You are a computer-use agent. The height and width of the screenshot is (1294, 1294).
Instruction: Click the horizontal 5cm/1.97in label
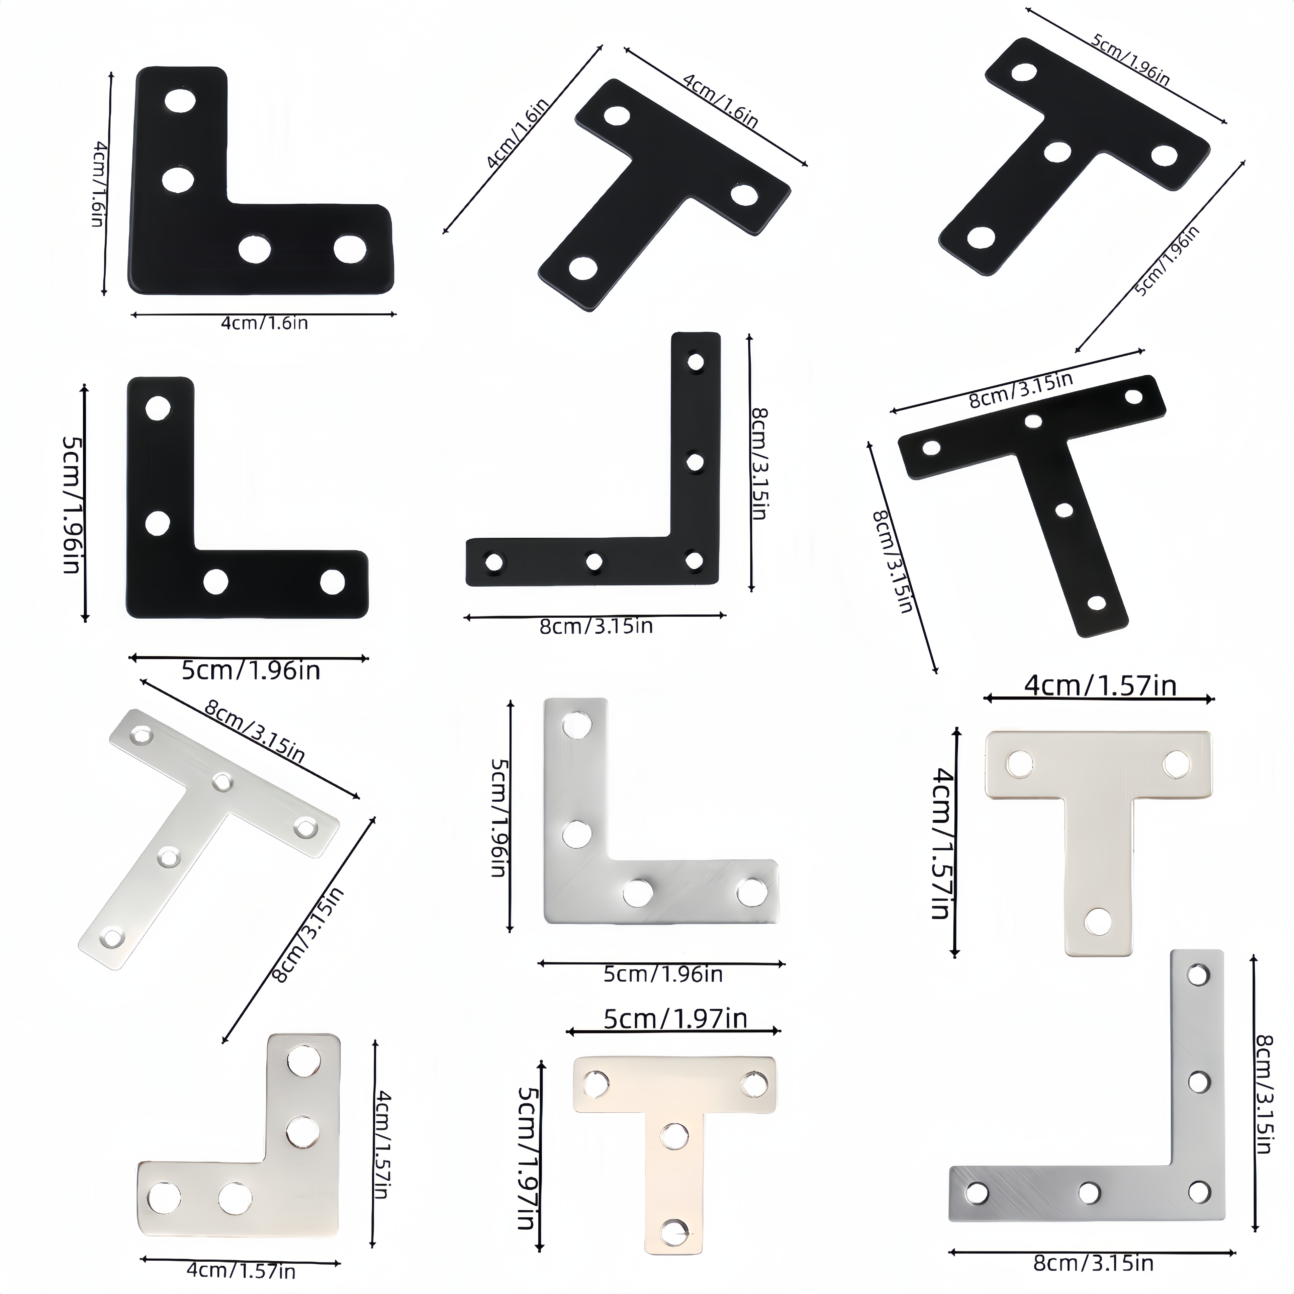(x=675, y=1019)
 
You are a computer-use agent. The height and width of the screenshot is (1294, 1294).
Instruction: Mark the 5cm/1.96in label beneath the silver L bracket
(x=662, y=974)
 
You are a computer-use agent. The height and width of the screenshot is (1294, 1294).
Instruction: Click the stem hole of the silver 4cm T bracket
(x=1097, y=922)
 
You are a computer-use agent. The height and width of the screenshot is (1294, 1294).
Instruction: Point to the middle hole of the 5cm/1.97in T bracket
(x=674, y=1135)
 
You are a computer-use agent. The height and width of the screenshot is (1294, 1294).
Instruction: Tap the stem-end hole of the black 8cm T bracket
(x=1096, y=602)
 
